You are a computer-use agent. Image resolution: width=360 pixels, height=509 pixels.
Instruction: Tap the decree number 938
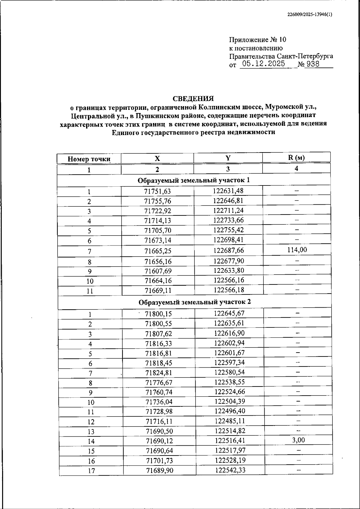coord(313,64)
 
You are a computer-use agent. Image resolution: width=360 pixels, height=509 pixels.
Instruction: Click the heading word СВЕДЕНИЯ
coord(193,99)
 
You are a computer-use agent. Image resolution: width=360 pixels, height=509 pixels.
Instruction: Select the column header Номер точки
coord(89,159)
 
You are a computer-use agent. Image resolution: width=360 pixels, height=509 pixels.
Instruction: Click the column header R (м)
coord(296,158)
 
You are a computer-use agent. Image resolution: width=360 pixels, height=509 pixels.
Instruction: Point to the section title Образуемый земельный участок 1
coord(193,180)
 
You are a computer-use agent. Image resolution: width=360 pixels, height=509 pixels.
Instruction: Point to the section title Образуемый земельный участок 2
coord(194,302)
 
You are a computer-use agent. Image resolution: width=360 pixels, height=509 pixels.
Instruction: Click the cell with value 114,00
coord(297,250)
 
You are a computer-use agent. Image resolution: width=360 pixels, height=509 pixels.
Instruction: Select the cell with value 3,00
coord(298,440)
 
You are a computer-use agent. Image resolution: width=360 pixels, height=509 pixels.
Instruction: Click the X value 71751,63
coord(157,191)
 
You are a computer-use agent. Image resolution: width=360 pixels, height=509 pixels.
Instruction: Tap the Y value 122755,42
coord(228,230)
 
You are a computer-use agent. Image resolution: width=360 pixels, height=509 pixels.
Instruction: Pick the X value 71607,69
coord(158,271)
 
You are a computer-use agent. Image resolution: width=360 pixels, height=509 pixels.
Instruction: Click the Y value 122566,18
coord(229,290)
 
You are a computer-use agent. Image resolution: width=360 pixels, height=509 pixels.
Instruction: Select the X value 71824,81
coord(159,373)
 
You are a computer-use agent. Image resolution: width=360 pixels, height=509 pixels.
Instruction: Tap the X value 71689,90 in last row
coord(159,470)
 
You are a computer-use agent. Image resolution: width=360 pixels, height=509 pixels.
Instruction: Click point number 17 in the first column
coord(91,471)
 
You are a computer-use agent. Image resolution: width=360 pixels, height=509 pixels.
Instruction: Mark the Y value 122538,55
coord(229,382)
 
